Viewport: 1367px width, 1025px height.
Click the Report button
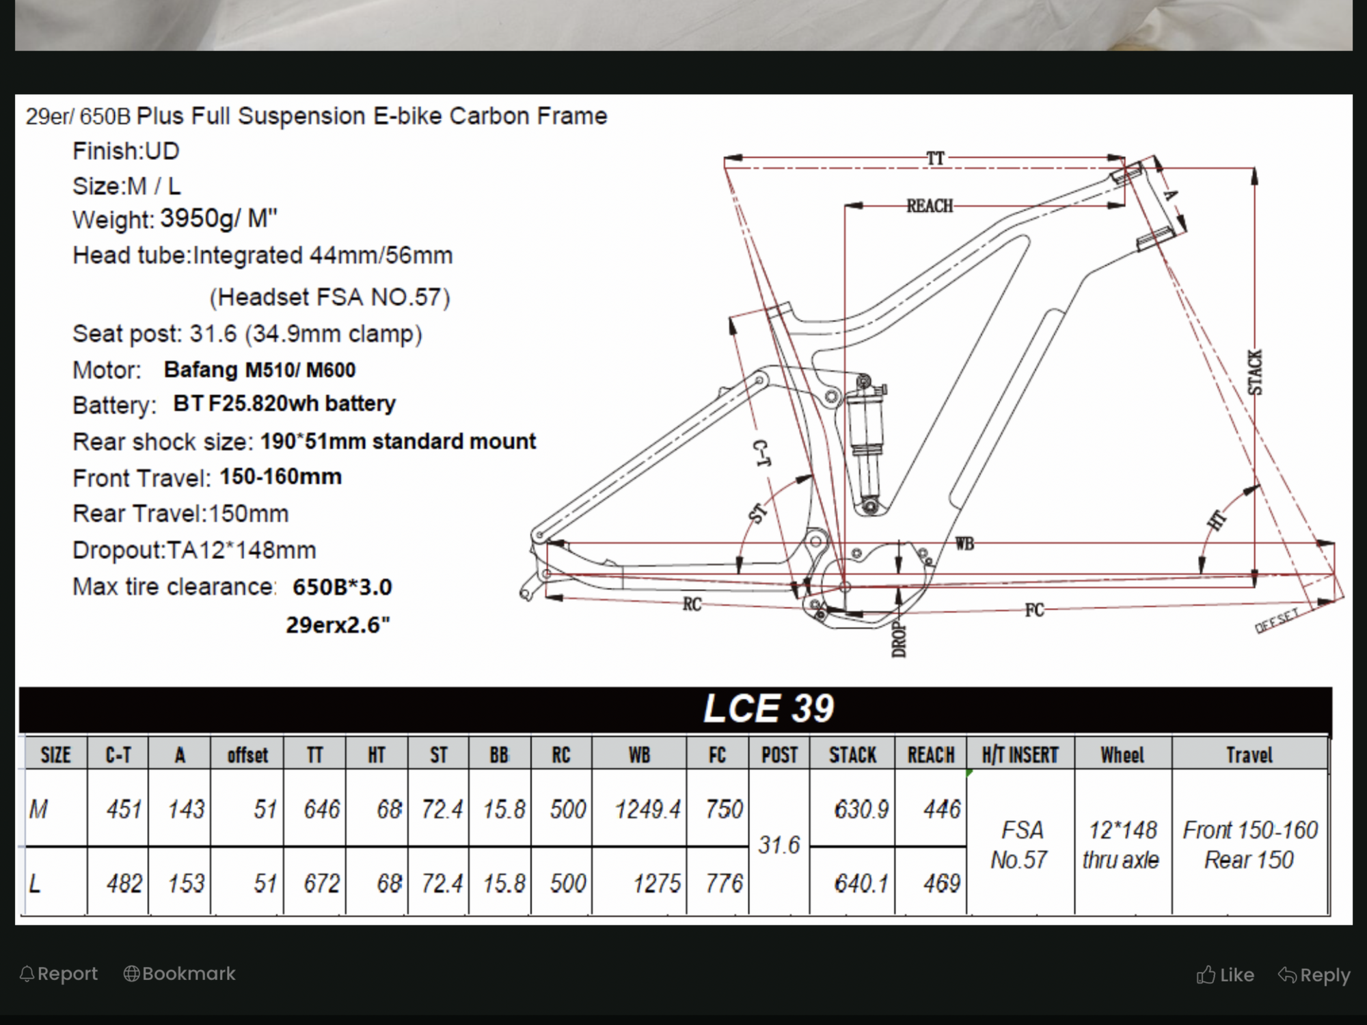coord(59,974)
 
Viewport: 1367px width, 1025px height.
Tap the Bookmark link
coord(180,974)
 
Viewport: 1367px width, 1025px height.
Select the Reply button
coord(1314,975)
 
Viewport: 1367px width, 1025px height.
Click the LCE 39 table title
coord(768,709)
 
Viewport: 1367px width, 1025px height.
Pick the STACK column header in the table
coord(852,755)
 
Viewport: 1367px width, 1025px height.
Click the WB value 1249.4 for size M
coord(647,810)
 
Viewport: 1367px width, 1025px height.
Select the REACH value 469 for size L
coord(942,884)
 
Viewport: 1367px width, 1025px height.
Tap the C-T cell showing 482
coord(124,884)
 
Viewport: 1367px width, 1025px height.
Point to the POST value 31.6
coord(779,845)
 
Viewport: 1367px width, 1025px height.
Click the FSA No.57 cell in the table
coord(1020,845)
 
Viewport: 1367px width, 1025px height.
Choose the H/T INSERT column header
coord(1020,755)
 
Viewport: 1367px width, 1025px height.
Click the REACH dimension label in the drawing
coord(930,206)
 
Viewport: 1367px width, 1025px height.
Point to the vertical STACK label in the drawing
coord(1256,372)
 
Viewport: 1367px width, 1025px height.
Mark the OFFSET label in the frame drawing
coord(1277,621)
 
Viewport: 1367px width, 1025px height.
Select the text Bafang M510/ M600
coord(260,370)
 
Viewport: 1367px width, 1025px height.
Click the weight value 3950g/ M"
coord(219,219)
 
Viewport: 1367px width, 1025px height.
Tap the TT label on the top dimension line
coord(935,159)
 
